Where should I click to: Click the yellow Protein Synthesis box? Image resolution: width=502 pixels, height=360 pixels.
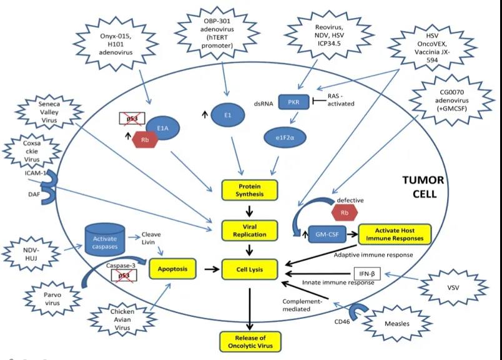click(250, 190)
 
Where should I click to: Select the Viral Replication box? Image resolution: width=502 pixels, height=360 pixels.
click(250, 230)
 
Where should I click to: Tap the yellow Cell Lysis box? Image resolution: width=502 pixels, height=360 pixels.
click(250, 270)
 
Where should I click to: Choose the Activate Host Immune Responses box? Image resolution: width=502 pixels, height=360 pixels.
click(394, 233)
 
